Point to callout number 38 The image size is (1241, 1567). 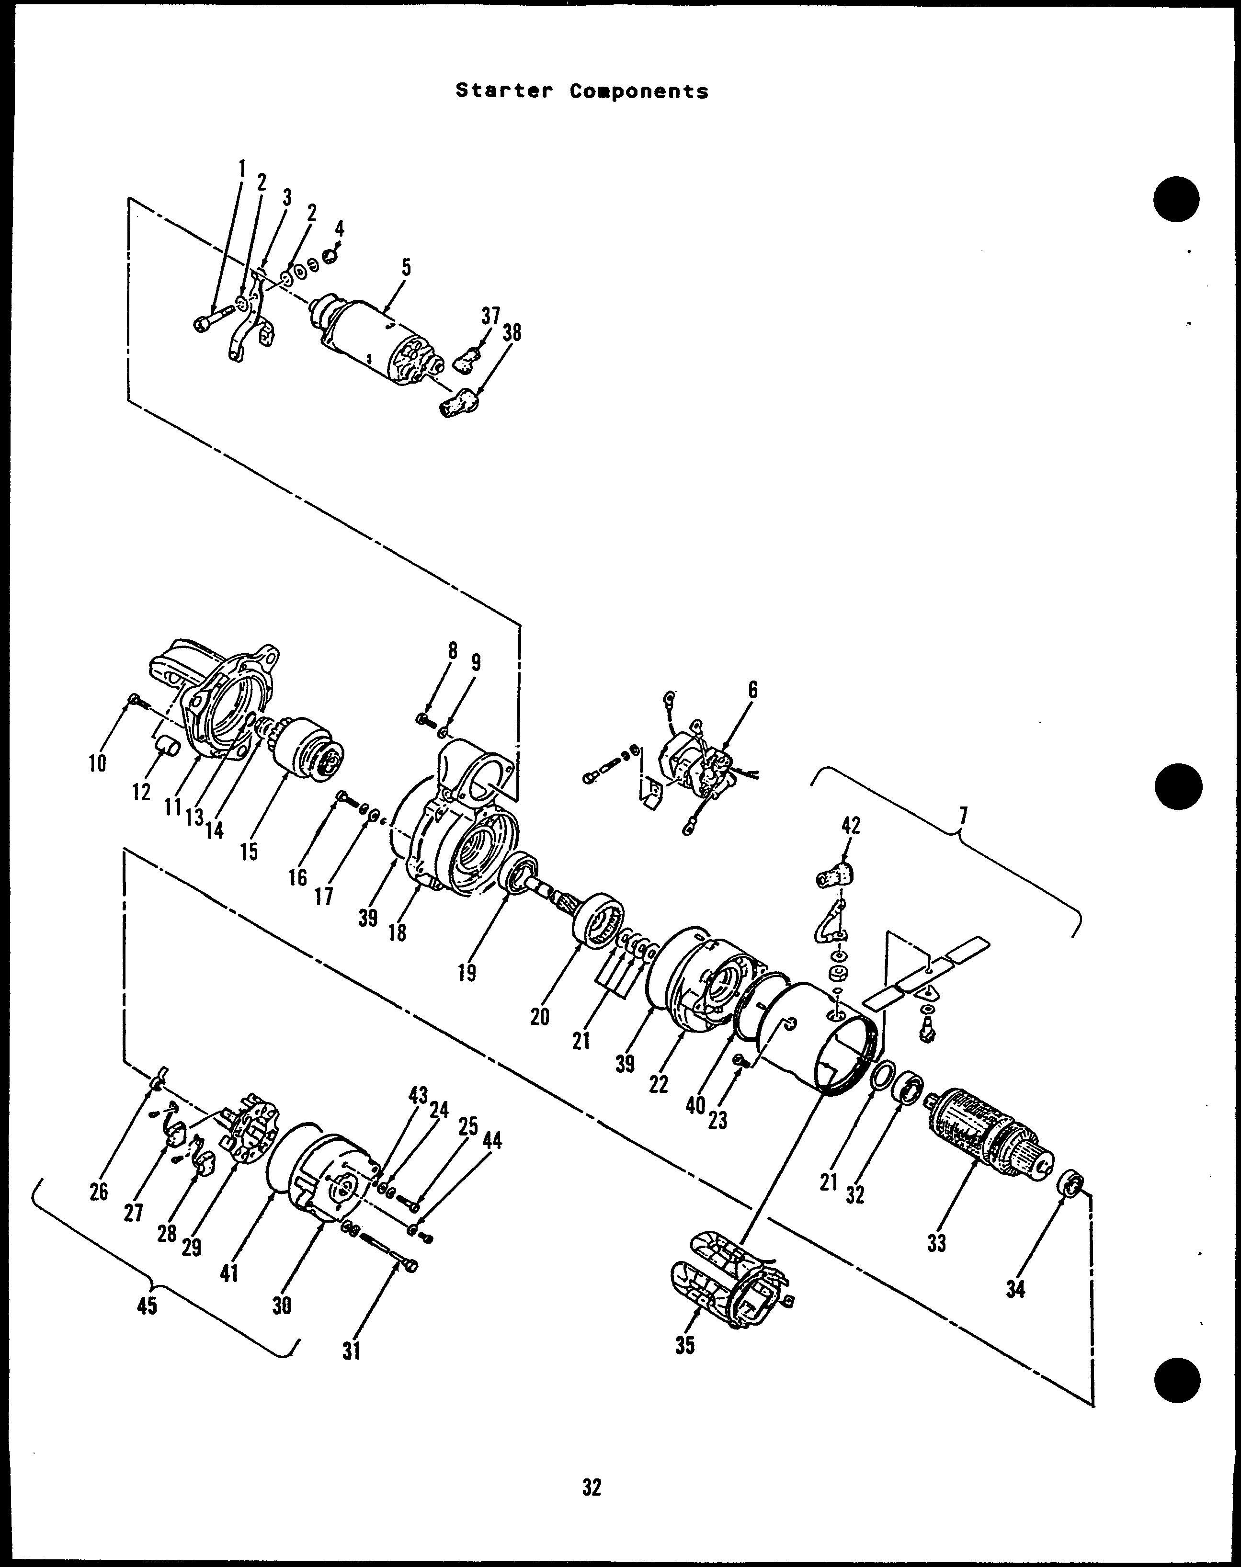click(x=512, y=333)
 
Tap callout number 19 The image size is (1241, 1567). click(x=467, y=973)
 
